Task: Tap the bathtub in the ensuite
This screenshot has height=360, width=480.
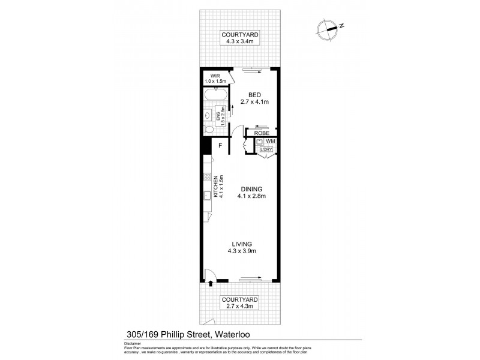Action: [215, 95]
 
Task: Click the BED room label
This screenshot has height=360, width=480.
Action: [254, 94]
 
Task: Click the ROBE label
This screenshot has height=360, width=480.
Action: [261, 133]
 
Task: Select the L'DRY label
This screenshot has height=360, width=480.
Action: [265, 149]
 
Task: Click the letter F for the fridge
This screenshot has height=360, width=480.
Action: [220, 145]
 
